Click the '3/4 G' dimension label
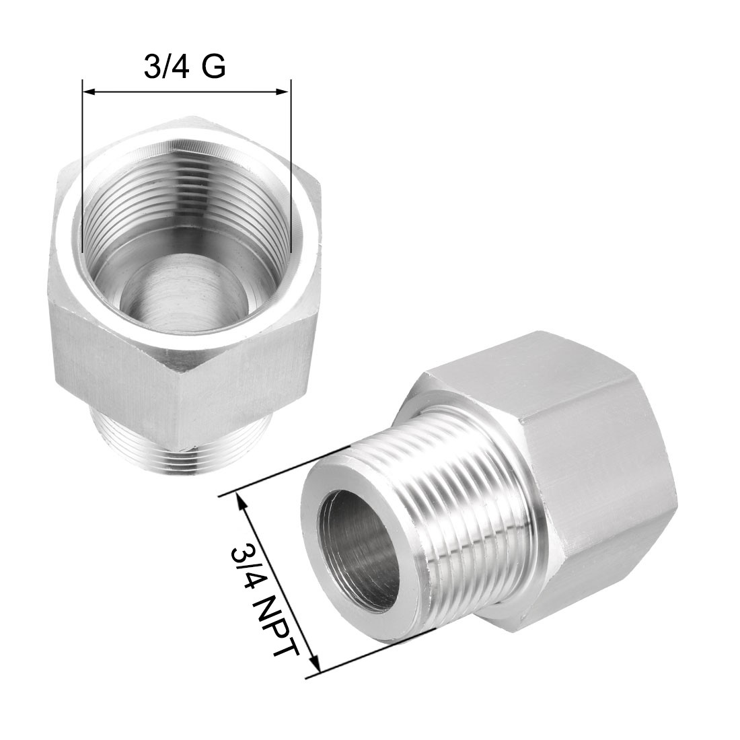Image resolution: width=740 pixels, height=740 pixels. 184,67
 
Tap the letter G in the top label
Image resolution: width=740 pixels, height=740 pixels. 213,67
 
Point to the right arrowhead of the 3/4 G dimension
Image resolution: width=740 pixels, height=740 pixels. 283,91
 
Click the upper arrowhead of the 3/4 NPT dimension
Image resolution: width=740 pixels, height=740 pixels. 242,502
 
